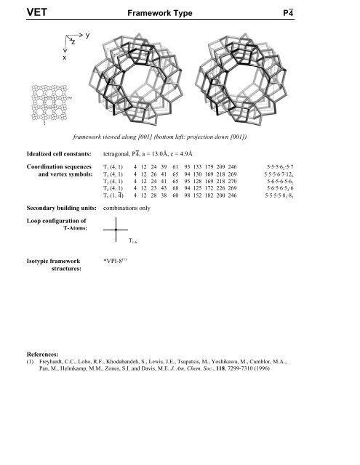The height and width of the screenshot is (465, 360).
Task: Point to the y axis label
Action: pyautogui.click(x=87, y=36)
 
